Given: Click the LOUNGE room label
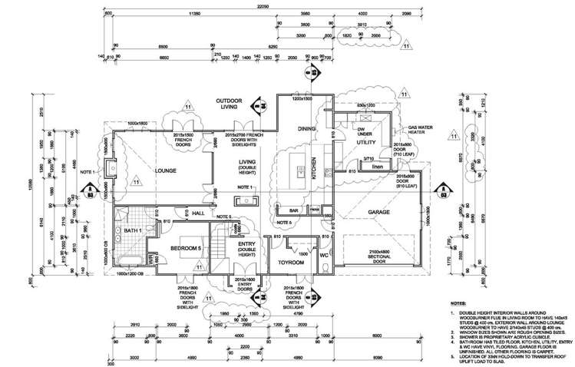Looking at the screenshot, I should pyautogui.click(x=166, y=170).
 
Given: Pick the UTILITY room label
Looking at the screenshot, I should pyautogui.click(x=365, y=143).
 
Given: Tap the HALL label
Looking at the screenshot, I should pyautogui.click(x=177, y=213).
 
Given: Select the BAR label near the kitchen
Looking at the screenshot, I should pyautogui.click(x=292, y=210).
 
